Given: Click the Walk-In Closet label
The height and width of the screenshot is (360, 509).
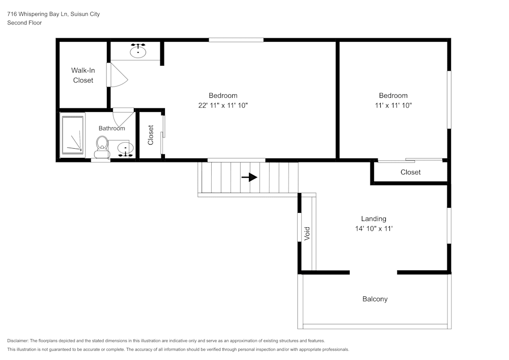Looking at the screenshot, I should [x=83, y=75].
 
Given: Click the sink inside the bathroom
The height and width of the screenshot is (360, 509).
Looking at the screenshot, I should [x=124, y=149].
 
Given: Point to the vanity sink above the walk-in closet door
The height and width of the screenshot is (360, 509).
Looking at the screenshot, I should [x=137, y=51].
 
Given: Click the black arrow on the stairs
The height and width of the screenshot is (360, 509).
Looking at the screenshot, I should [x=249, y=177].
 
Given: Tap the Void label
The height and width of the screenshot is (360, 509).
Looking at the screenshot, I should [x=307, y=234].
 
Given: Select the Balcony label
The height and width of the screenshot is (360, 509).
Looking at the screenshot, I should [x=375, y=299].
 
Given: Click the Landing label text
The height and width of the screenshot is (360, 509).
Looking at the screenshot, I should [x=374, y=218].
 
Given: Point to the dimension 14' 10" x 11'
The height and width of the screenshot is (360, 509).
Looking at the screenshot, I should [x=374, y=229].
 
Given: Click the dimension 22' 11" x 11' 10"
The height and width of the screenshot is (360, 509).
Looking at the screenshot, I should [x=223, y=105].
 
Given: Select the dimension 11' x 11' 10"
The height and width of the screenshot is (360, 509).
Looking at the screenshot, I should [x=393, y=105].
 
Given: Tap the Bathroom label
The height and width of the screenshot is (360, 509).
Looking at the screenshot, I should [x=111, y=128].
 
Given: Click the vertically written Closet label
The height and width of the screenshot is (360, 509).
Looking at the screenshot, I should [x=151, y=135].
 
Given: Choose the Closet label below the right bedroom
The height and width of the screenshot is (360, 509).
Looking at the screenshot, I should [x=410, y=172].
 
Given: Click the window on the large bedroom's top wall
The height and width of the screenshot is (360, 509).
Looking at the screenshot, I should [x=236, y=40].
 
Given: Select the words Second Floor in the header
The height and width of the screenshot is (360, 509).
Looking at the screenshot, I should [x=24, y=23].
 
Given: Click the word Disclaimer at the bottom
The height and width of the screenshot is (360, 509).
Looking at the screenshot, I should [x=18, y=341].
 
